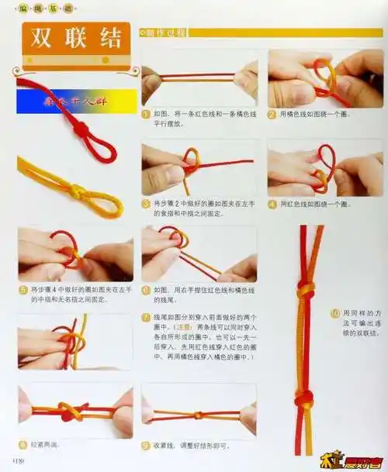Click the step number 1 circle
[x=146, y=112]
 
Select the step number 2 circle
[x=272, y=113]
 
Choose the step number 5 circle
[x=23, y=289]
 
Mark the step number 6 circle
[x=146, y=289]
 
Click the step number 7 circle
[x=146, y=317]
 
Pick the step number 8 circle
[x=23, y=445]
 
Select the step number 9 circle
[x=146, y=445]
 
